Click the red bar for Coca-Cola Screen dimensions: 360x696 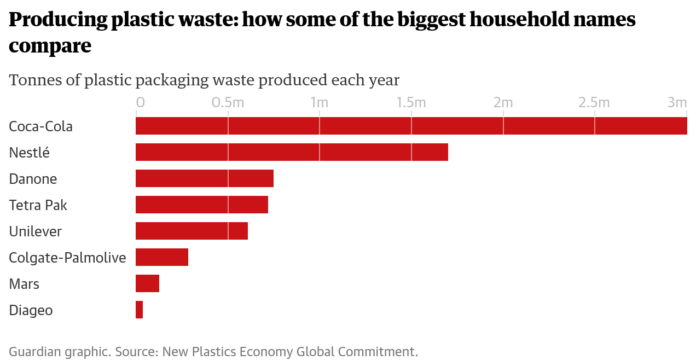tap(411, 126)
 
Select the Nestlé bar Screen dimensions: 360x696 tap(292, 152)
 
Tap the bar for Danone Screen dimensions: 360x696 tap(204, 178)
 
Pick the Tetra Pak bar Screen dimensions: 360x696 tap(201, 205)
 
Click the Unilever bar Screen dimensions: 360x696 tap(192, 231)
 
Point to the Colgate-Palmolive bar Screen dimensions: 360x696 tap(161, 257)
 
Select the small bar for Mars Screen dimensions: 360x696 tap(147, 283)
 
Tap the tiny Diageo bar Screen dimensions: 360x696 tap(139, 310)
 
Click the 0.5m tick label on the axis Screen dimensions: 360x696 tap(228, 103)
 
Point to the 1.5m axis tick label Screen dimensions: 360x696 tap(411, 103)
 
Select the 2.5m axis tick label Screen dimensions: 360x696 tap(594, 103)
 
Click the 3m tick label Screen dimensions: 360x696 tap(677, 103)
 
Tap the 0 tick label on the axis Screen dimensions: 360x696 tap(141, 103)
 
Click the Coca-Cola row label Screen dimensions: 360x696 tap(41, 126)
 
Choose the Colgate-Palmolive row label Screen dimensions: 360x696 tap(67, 258)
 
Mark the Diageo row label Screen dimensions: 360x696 tap(31, 310)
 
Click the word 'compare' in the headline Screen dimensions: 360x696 tap(50, 46)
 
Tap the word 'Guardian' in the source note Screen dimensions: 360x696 tap(32, 351)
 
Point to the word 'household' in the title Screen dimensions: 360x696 tap(512, 20)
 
